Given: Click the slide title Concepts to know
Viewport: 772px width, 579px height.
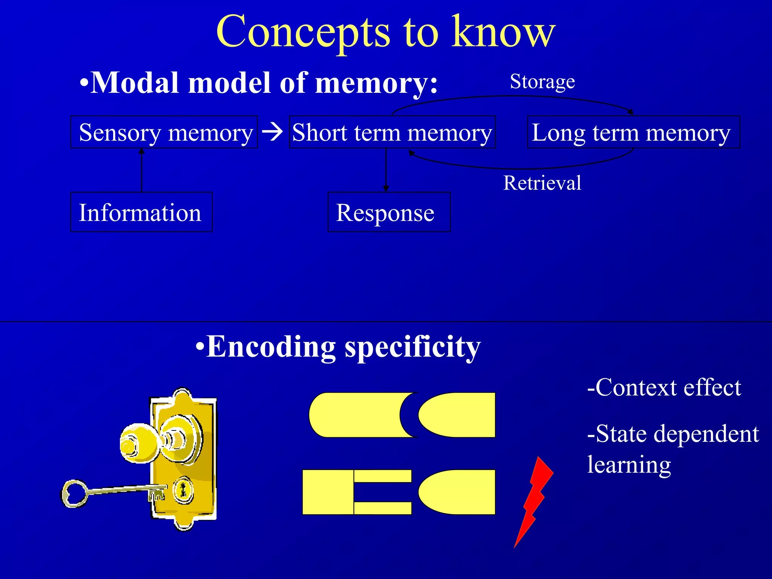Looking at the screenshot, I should (x=385, y=32).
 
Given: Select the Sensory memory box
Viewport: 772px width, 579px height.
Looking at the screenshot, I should (x=164, y=132).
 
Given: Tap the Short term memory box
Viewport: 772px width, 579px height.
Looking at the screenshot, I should (x=392, y=132).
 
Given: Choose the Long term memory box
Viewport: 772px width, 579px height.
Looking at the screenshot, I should (x=633, y=132).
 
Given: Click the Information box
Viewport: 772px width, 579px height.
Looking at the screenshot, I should (x=141, y=212).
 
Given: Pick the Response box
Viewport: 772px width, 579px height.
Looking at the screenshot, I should (x=389, y=212).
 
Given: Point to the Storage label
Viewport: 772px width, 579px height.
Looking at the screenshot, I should (x=542, y=81).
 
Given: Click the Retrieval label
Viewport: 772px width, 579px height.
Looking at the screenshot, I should (x=542, y=183).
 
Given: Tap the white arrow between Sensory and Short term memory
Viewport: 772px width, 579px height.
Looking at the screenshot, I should (x=273, y=132).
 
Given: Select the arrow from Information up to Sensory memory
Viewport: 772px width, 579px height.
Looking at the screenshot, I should (x=141, y=170).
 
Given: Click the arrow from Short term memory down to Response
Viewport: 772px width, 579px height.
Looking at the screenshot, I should (x=386, y=170).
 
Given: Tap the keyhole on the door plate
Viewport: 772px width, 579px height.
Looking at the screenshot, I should (x=183, y=490).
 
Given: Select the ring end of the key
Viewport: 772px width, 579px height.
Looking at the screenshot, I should (x=74, y=493).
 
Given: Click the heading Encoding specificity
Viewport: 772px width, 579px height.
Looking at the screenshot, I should (x=338, y=347).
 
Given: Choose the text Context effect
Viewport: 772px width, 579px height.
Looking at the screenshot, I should (x=664, y=388).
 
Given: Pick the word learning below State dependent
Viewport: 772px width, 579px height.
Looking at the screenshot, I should (x=629, y=465).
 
